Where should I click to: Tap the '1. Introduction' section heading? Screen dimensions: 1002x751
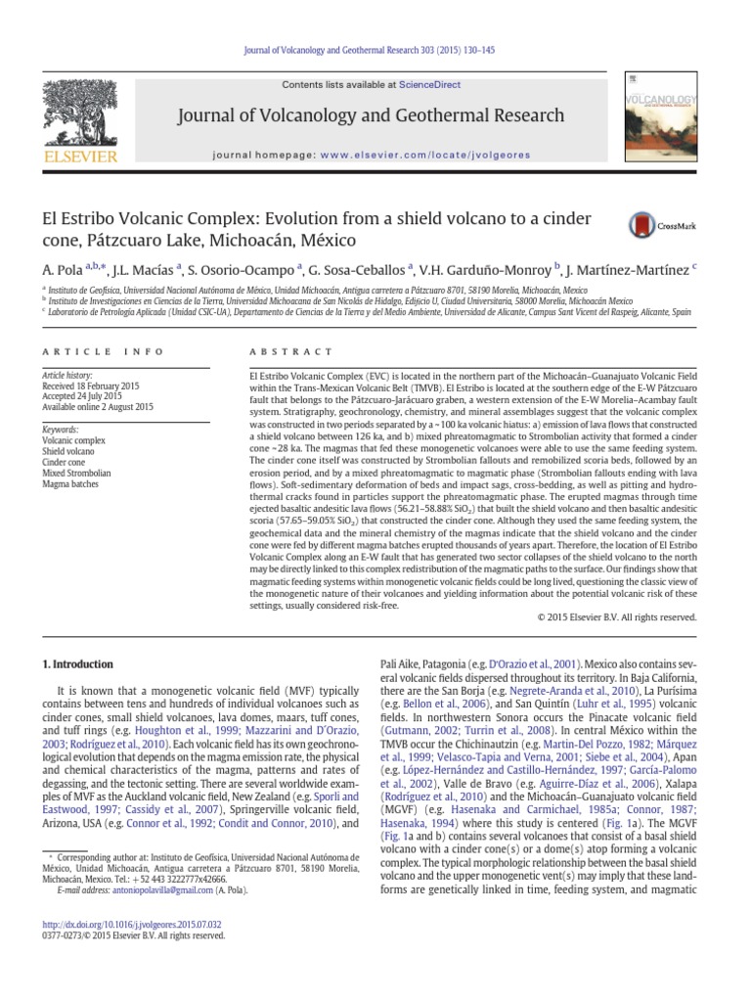[x=78, y=663]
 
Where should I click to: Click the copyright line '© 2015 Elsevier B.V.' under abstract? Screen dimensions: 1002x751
[x=617, y=617]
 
